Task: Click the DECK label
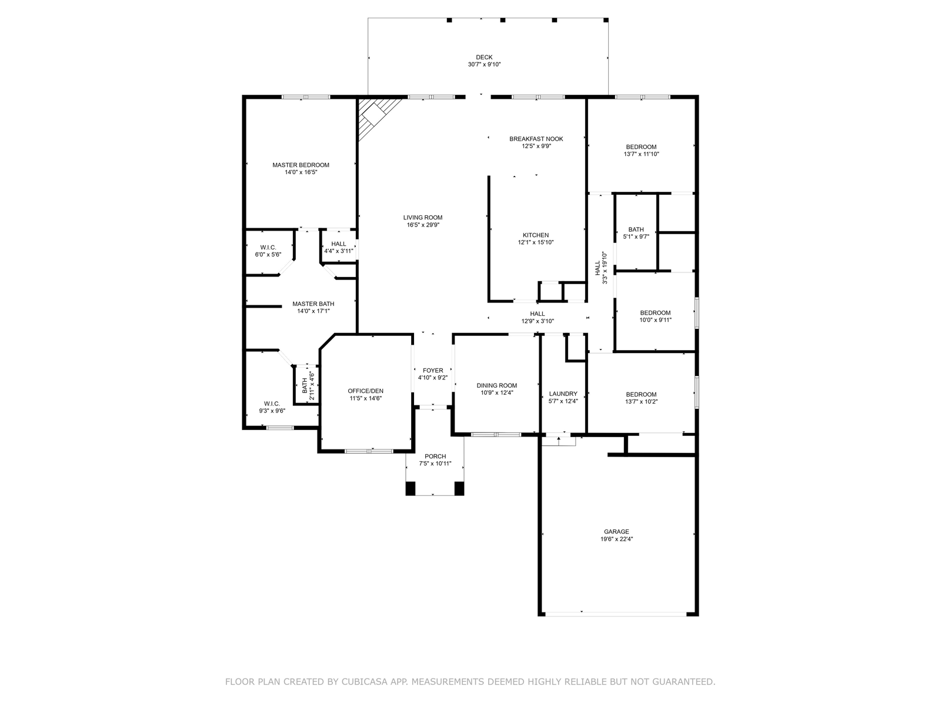[x=484, y=57]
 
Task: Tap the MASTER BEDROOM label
[x=301, y=165]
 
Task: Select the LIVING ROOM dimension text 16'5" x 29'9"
[x=423, y=225]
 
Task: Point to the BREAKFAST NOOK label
[x=536, y=139]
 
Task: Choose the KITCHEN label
[x=536, y=235]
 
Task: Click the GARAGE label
[x=616, y=531]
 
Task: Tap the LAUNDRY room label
[x=563, y=394]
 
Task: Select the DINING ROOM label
[x=497, y=385]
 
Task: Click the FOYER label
[x=433, y=371]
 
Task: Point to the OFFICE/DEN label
[x=366, y=391]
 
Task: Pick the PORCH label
[x=435, y=456]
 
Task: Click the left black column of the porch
[x=411, y=488]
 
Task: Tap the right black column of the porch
[x=459, y=488]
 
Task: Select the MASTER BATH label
[x=313, y=304]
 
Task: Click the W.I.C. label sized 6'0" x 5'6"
[x=268, y=247]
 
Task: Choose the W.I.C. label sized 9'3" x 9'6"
[x=272, y=404]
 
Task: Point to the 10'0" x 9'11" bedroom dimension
[x=656, y=320]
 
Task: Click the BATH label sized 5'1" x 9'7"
[x=636, y=229]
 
